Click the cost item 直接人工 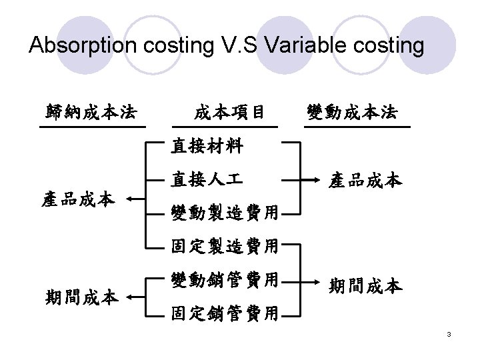pyautogui.click(x=207, y=179)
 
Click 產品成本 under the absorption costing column pyautogui.click(x=78, y=198)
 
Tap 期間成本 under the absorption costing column pyautogui.click(x=82, y=295)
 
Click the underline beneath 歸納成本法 pyautogui.click(x=92, y=125)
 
